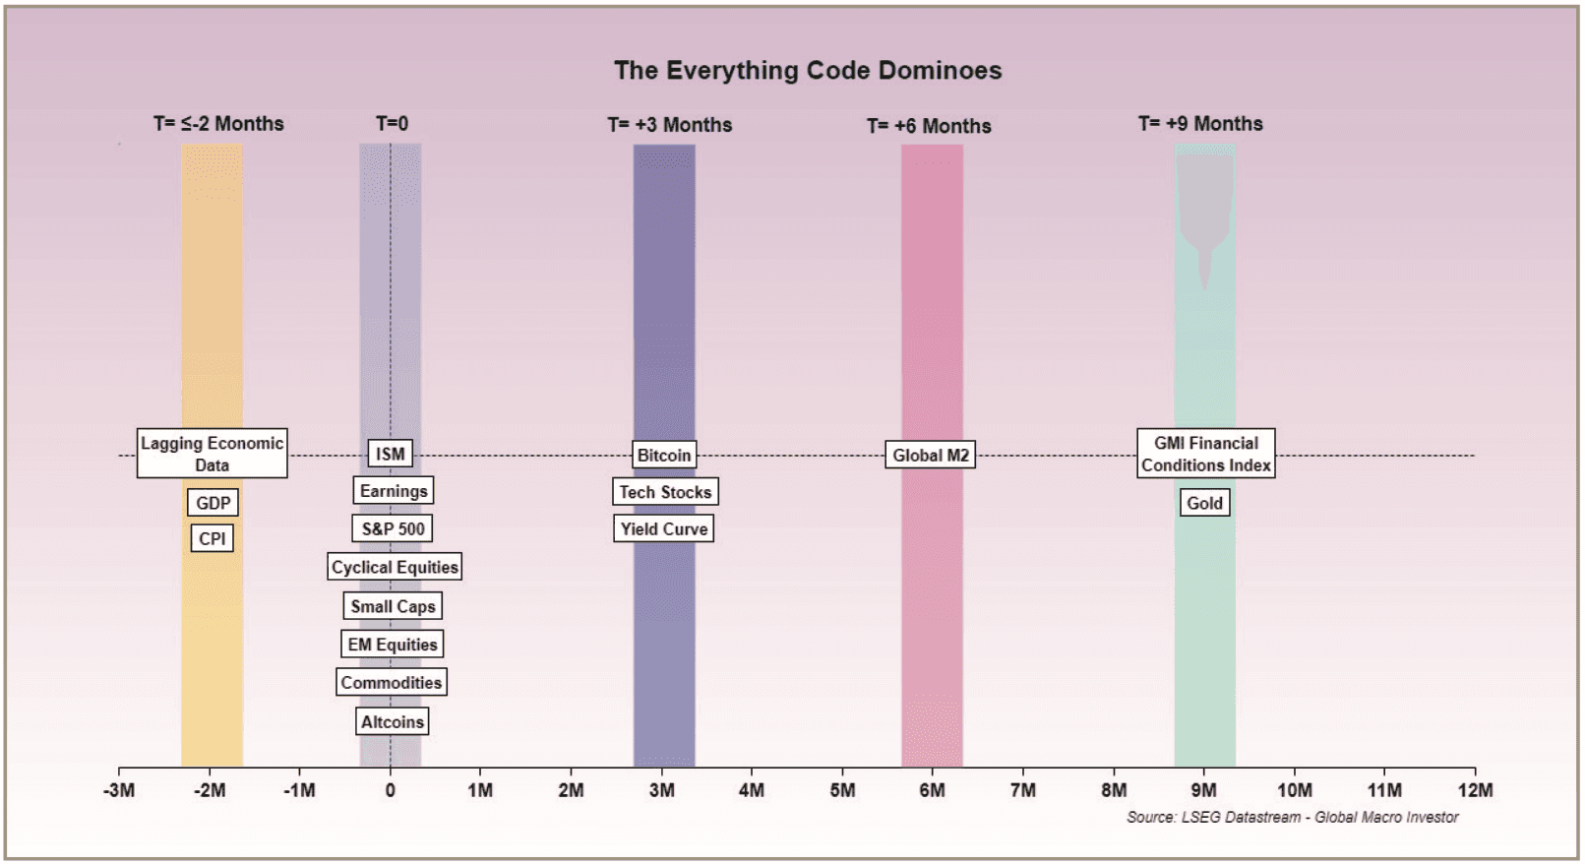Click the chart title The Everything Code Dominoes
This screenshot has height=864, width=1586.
[808, 71]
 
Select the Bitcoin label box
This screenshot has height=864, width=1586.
[664, 455]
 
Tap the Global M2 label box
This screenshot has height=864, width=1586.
[930, 455]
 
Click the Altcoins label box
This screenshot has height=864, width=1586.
[392, 721]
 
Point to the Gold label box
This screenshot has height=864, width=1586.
[1204, 503]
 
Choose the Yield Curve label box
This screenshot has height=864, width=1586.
[664, 528]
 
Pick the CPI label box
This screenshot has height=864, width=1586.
[212, 538]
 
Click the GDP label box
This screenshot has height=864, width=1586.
[213, 503]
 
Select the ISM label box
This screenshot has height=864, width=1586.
[390, 454]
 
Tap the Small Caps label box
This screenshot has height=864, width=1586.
[393, 606]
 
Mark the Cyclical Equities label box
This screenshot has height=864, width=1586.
[395, 567]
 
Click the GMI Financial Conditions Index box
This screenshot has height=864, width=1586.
[1206, 454]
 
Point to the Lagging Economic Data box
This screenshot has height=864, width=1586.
[212, 454]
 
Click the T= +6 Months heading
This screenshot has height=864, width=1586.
[929, 126]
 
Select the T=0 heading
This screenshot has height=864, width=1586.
[392, 123]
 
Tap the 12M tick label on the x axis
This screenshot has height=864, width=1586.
[1475, 790]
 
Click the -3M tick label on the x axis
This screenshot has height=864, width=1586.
[118, 790]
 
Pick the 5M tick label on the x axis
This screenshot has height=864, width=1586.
[842, 790]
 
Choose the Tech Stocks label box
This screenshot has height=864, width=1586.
[665, 492]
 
